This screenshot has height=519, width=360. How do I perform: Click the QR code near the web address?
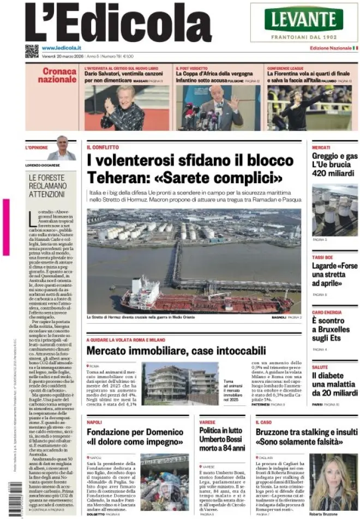tap(32, 51)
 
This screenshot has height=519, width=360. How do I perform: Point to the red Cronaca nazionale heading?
tap(60, 76)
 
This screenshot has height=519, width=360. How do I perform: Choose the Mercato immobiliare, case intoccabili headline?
tap(176, 351)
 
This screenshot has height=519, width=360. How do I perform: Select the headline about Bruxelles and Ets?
tap(331, 329)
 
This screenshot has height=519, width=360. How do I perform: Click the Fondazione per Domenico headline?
tap(135, 437)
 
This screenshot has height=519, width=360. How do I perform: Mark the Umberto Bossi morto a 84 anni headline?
tap(221, 440)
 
